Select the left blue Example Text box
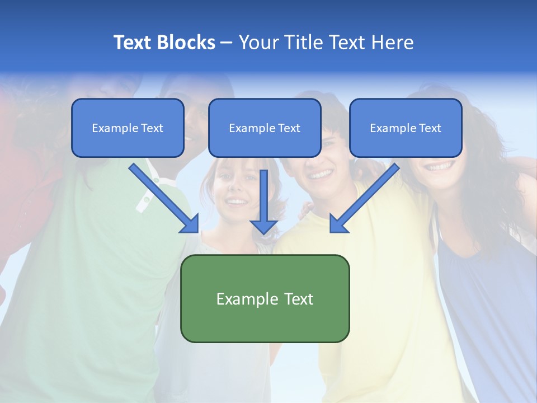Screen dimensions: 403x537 pyautogui.click(x=128, y=128)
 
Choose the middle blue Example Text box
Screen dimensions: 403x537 pyautogui.click(x=265, y=128)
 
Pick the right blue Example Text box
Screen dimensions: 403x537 pyautogui.click(x=406, y=128)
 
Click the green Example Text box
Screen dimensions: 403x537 pyautogui.click(x=265, y=298)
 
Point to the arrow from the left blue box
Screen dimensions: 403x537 pyautogui.click(x=162, y=196)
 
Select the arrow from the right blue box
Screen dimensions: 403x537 pyautogui.click(x=366, y=196)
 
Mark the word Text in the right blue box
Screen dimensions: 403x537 pyautogui.click(x=430, y=128)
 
